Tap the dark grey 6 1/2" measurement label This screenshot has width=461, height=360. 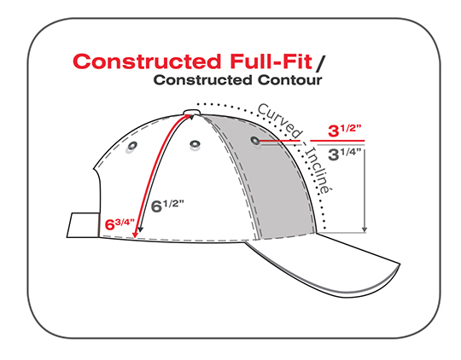click(x=167, y=206)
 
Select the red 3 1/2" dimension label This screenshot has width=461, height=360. click(x=344, y=131)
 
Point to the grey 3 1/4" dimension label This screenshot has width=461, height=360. click(x=344, y=154)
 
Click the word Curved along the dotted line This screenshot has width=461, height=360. click(x=280, y=120)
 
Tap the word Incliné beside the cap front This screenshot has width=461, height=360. click(x=318, y=170)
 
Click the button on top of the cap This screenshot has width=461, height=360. click(x=192, y=112)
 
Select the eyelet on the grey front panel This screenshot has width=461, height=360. click(x=255, y=141)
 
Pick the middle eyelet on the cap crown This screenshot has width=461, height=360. click(x=195, y=144)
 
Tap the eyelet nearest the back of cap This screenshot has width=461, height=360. click(x=132, y=146)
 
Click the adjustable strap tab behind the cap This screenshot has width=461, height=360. click(x=83, y=225)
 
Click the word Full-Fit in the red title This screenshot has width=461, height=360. click(x=271, y=61)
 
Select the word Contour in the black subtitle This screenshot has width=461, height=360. click(x=290, y=80)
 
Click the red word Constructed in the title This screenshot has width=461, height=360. click(x=147, y=61)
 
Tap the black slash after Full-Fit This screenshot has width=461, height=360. click(x=320, y=63)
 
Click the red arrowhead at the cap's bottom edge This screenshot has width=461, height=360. click(x=135, y=235)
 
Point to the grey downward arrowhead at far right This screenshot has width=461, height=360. click(x=365, y=229)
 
